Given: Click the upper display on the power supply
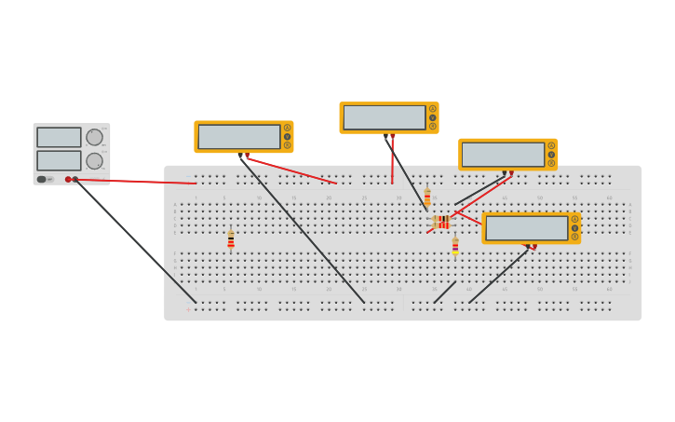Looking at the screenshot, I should (x=59, y=137).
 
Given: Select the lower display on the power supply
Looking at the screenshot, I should (x=59, y=160).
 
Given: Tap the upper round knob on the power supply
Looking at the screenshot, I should (x=94, y=137).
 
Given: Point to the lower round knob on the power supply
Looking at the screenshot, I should (x=94, y=161).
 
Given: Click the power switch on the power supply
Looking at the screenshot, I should (x=42, y=179).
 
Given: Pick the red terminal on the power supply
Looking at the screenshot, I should (x=68, y=179).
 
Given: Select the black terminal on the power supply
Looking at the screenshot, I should (x=75, y=179).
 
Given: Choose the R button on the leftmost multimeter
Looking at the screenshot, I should (x=287, y=145).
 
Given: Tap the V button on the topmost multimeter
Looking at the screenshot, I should (x=432, y=117).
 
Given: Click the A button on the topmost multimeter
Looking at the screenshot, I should (x=432, y=109).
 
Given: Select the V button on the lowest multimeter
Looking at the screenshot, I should (x=574, y=228).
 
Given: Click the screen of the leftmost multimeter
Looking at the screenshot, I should (x=239, y=137).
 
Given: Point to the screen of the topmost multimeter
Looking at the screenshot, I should (x=384, y=117).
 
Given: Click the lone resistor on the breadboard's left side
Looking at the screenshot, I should (x=231, y=240).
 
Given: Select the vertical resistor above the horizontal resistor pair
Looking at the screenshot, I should (x=427, y=197).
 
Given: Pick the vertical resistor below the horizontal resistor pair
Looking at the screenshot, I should (x=455, y=246).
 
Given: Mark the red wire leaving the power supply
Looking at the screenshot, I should (x=140, y=182).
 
